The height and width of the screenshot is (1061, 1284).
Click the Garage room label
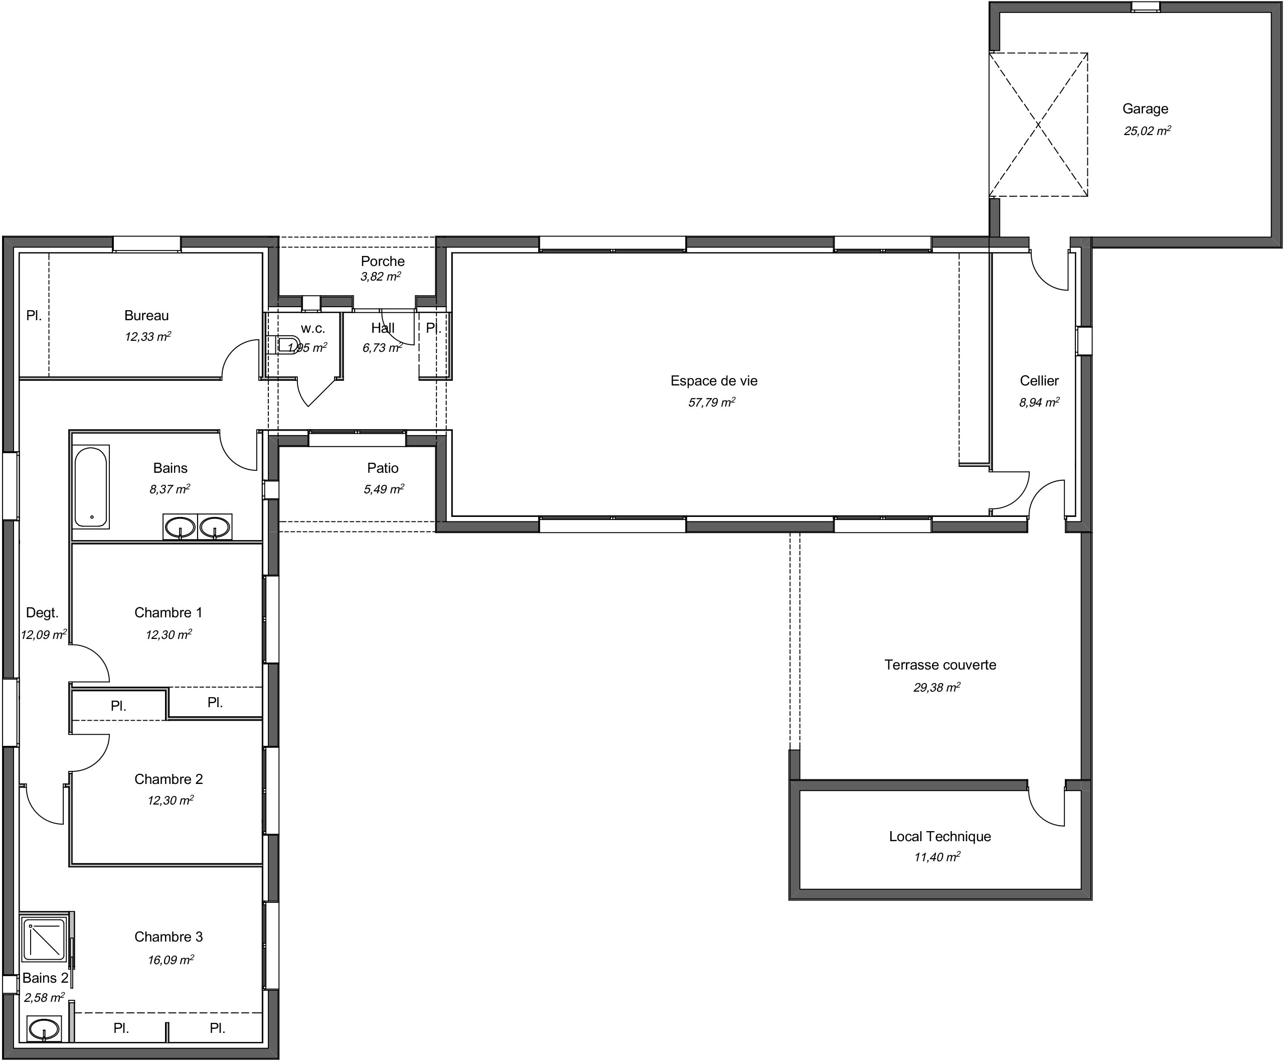pos(1145,109)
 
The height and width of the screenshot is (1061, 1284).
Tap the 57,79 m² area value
pos(712,402)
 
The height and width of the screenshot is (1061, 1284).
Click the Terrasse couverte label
pos(939,665)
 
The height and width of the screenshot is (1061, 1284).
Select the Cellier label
pos(1038,381)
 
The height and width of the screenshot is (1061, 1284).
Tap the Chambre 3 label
pos(168,937)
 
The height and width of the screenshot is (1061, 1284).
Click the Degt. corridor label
pos(42,612)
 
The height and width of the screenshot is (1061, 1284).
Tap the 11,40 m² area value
pos(936,857)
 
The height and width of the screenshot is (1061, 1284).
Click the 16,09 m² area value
pos(171,960)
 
